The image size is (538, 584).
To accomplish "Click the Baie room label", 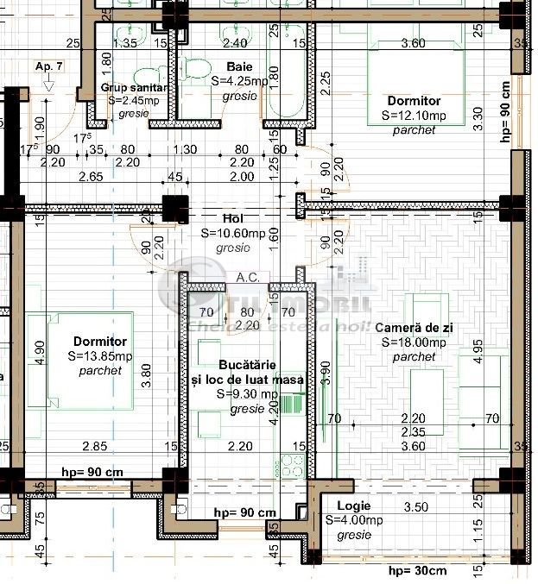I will pos(240,66).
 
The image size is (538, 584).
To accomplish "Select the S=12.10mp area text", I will pos(414,116).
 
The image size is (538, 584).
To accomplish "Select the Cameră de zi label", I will pos(414,329).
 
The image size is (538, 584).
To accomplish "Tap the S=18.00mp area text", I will pos(414,342).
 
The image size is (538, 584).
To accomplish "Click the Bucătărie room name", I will pos(247,366).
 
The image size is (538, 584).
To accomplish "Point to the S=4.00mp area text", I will pos(353,520).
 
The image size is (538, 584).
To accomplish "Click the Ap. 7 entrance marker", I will pos(48,66).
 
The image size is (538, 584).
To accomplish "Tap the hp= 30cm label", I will pos(417,571).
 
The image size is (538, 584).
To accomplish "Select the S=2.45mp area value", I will pos(133,100).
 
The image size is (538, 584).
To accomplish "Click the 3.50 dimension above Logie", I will pos(416,507).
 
